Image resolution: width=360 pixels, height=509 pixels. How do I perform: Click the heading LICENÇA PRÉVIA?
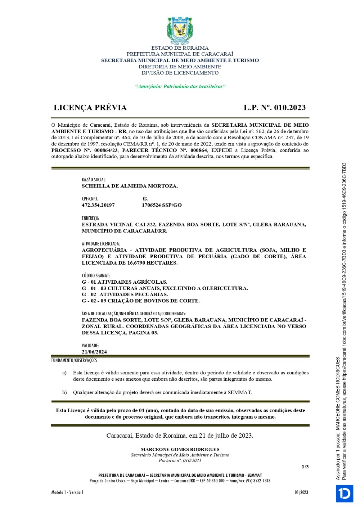pyautogui.click(x=90, y=108)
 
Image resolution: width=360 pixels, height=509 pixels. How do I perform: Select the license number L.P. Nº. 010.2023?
pyautogui.click(x=274, y=108)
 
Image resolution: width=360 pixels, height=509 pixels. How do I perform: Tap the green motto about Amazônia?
pyautogui.click(x=180, y=86)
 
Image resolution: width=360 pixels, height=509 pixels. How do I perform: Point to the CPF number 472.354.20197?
pyautogui.click(x=98, y=205)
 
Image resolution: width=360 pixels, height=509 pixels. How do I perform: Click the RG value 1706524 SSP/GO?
pyautogui.click(x=162, y=205)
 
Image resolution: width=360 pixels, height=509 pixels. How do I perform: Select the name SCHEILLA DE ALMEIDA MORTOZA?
pyautogui.click(x=130, y=186)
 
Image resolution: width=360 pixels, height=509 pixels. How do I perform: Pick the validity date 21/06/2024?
pyautogui.click(x=94, y=352)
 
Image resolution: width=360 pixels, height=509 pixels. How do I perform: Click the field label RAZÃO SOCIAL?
pyautogui.click(x=94, y=180)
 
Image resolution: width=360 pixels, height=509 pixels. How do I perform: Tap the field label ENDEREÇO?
pyautogui.click(x=90, y=218)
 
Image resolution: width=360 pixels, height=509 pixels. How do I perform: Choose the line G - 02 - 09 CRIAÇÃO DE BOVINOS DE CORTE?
pyautogui.click(x=140, y=301)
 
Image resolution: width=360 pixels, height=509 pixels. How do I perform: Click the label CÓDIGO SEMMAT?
pyautogui.click(x=96, y=276)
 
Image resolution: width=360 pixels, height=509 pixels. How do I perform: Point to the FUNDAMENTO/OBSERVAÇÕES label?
pyautogui.click(x=74, y=360)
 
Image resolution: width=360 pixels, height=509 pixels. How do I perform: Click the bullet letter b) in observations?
pyautogui.click(x=64, y=392)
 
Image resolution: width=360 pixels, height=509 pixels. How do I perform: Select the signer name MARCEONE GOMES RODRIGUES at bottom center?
pyautogui.click(x=180, y=449)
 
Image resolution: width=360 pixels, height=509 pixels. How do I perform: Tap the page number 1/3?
pyautogui.click(x=305, y=467)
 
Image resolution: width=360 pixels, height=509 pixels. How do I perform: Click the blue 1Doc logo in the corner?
pyautogui.click(x=345, y=493)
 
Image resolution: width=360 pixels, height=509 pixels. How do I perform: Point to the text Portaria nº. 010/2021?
pyautogui.click(x=180, y=460)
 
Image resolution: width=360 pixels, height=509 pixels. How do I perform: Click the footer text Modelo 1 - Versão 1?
pyautogui.click(x=67, y=492)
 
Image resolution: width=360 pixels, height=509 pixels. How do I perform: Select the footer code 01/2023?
pyautogui.click(x=301, y=492)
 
